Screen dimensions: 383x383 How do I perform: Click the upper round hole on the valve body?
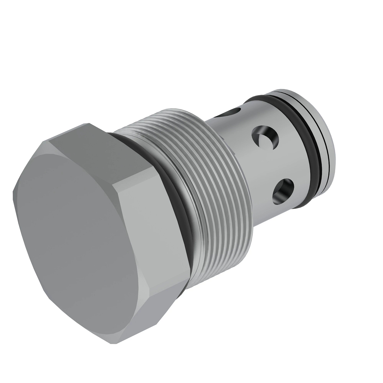(265, 139)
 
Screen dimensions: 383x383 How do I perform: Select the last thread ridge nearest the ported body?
(246, 191)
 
